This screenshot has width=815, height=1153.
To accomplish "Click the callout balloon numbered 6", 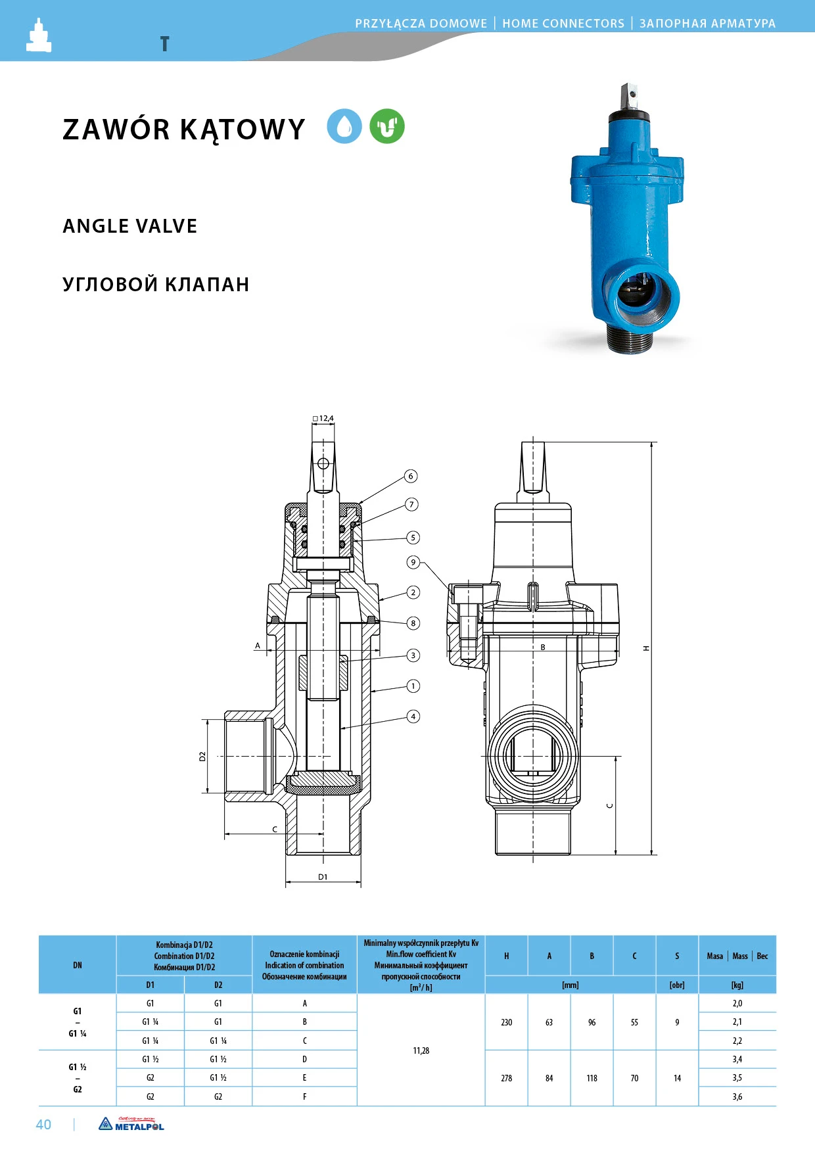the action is coord(411,476).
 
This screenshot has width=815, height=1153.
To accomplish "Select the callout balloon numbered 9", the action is coord(413,562).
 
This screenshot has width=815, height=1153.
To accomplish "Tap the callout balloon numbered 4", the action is coord(413,717).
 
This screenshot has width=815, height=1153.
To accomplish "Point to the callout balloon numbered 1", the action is coord(413,686).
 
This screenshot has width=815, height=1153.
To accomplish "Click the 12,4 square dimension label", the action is coord(323,418).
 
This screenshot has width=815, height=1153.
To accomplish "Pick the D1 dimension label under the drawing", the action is coord(323,877).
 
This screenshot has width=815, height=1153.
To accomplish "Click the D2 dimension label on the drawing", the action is coord(202,757).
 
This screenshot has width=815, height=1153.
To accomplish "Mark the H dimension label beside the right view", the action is coord(646,648).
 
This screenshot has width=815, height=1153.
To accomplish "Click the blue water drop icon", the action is coord(344,126).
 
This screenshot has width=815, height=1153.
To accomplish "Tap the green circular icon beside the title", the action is coord(387,126).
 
